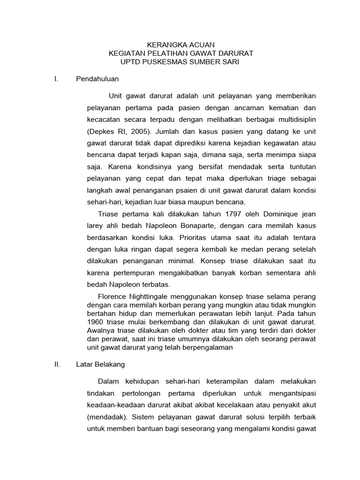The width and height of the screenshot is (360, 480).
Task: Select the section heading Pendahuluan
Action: coord(97,79)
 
